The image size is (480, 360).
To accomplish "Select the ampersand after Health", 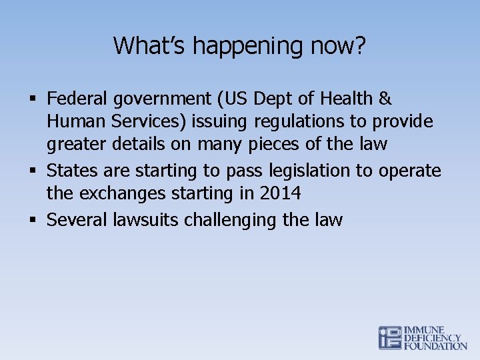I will point(385,99).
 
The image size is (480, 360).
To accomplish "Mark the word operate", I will point(410,171).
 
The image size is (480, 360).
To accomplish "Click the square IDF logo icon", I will point(390,337).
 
